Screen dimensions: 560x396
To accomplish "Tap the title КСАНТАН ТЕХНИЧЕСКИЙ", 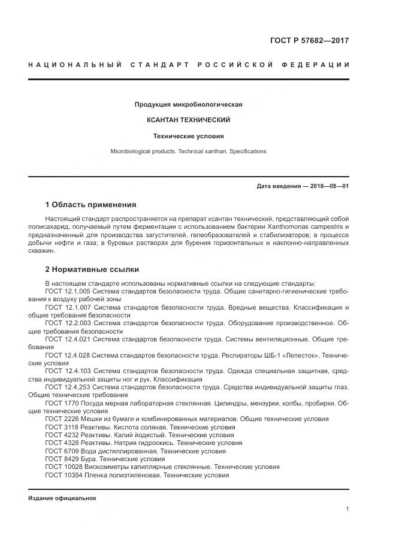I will click(188, 120).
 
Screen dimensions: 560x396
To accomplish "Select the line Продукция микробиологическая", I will click(188, 104).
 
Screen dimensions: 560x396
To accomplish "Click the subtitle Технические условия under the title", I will click(188, 136).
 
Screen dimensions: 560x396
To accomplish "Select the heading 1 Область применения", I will click(90, 205).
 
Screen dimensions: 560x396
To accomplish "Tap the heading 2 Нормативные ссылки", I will click(92, 270).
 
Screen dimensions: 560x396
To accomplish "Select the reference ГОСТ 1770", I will click(60, 403).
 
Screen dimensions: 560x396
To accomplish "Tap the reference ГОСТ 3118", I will click(60, 427).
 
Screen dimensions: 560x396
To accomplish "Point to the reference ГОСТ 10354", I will click(62, 475).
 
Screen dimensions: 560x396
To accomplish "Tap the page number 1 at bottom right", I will click(347, 509).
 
